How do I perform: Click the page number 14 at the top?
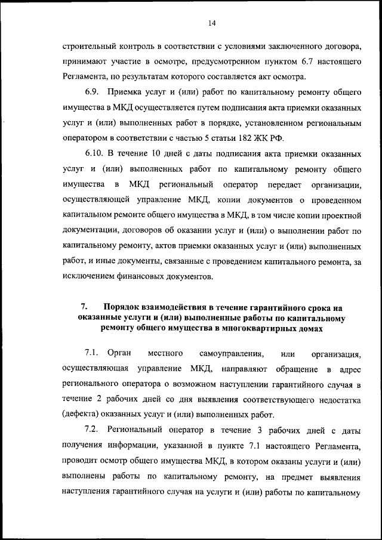[212, 23]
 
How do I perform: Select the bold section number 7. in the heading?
[84, 307]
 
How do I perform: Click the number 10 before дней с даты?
[157, 152]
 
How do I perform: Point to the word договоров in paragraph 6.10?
[141, 230]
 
